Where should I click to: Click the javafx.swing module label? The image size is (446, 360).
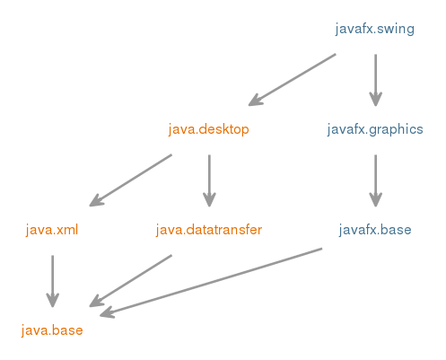(x=374, y=30)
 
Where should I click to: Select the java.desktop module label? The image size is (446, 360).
(x=208, y=129)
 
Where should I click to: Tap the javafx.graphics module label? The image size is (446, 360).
(x=375, y=130)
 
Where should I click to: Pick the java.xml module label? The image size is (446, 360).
(x=52, y=230)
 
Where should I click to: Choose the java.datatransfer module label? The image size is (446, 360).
(x=209, y=230)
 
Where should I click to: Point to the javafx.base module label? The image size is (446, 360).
(x=375, y=230)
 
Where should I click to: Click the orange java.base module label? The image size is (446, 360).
(x=52, y=330)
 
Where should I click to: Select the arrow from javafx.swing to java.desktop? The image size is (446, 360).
(x=293, y=80)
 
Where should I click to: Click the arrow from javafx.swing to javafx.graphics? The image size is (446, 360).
(x=375, y=80)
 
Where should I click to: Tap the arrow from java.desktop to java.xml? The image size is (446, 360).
(x=131, y=180)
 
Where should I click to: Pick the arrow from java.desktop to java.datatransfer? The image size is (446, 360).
(x=209, y=180)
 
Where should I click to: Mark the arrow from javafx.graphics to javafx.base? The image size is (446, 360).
(x=375, y=180)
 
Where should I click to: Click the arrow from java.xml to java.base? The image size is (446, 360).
(x=53, y=281)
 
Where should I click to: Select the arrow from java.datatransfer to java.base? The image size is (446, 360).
(x=131, y=281)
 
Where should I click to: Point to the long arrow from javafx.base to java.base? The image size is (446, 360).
(x=211, y=282)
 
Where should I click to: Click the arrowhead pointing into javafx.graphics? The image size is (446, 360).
(x=375, y=100)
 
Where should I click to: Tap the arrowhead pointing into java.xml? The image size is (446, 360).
(x=96, y=201)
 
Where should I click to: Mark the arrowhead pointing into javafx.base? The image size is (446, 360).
(x=375, y=200)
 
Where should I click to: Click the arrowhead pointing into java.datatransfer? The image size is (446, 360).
(x=209, y=200)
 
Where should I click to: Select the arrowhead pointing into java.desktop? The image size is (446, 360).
(x=255, y=101)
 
